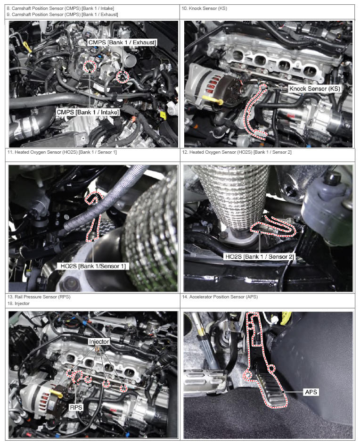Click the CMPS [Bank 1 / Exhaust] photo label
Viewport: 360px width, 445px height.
click(x=122, y=42)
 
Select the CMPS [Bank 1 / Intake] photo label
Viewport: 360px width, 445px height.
click(x=88, y=112)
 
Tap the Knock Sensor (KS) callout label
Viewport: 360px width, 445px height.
click(x=315, y=89)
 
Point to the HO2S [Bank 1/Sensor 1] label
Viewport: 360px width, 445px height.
click(x=93, y=266)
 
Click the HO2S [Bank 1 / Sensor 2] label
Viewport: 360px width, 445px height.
click(x=259, y=257)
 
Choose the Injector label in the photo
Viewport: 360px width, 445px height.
click(x=99, y=342)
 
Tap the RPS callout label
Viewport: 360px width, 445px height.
click(x=76, y=408)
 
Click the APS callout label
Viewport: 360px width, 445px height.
click(x=311, y=392)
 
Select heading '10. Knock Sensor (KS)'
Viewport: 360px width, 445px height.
click(x=204, y=8)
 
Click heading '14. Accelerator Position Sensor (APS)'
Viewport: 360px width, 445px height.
click(x=220, y=297)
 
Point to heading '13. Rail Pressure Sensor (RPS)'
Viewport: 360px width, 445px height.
click(x=39, y=297)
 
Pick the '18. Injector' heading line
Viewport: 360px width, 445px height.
click(x=18, y=304)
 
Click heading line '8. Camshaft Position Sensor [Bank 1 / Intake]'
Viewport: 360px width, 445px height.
click(x=60, y=8)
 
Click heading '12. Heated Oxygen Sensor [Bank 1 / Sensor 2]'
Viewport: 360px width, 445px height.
click(x=237, y=152)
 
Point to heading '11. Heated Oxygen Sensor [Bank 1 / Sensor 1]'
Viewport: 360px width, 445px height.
click(x=62, y=152)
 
